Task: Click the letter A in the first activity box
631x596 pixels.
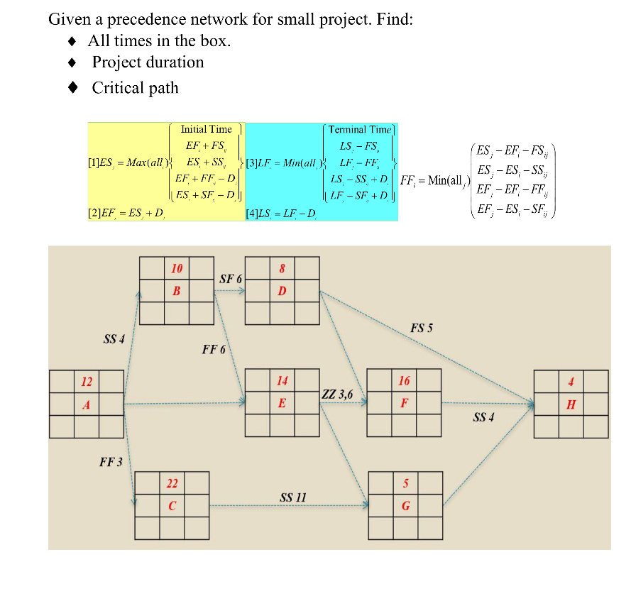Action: tap(87, 404)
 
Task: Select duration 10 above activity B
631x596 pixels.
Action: tap(177, 268)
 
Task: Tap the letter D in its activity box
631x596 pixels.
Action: tap(282, 291)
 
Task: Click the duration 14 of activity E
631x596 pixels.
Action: tap(282, 381)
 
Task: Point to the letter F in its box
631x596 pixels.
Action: tap(404, 403)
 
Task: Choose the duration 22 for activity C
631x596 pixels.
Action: tap(172, 484)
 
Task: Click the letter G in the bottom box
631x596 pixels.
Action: tap(405, 507)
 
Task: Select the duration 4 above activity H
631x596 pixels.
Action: tap(571, 381)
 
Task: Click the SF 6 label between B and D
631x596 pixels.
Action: tap(230, 280)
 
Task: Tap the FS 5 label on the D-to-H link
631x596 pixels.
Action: tap(421, 328)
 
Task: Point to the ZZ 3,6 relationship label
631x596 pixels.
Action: tap(337, 394)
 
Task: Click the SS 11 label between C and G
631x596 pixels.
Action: tap(292, 497)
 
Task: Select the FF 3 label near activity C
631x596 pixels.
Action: tap(111, 463)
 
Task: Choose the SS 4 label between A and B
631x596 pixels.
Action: tap(114, 339)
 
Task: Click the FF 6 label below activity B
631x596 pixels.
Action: tap(214, 349)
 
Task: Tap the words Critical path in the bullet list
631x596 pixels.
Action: tap(135, 88)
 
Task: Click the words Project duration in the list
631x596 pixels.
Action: tap(148, 62)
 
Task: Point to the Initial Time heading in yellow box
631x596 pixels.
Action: tap(206, 129)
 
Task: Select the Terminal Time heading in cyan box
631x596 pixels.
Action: tap(359, 129)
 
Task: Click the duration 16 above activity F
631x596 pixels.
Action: tap(404, 381)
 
